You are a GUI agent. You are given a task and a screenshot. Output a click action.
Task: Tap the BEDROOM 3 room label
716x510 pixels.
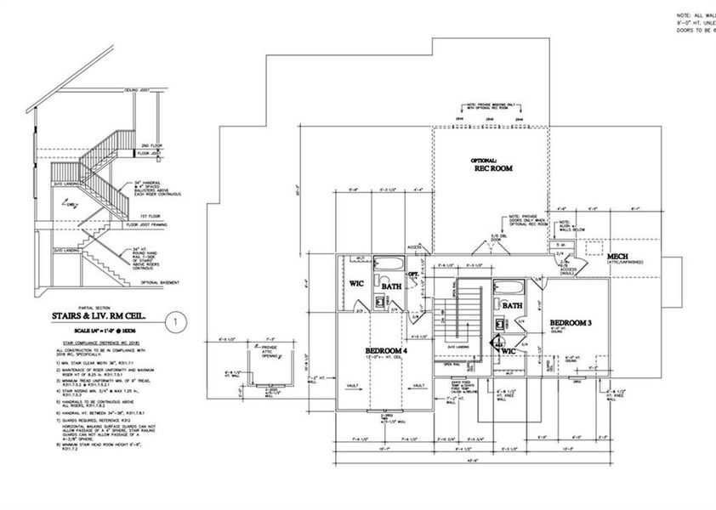click(x=572, y=323)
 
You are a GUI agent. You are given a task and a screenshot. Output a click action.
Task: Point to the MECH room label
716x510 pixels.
click(x=619, y=256)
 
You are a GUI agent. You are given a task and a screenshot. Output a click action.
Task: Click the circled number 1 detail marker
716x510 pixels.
click(x=174, y=322)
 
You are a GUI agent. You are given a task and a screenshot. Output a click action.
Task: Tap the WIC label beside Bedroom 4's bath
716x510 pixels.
click(x=356, y=283)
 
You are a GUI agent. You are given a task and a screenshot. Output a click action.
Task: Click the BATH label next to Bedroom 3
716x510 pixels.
click(x=513, y=305)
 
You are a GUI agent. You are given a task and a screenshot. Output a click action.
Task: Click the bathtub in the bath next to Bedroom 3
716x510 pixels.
click(x=512, y=286)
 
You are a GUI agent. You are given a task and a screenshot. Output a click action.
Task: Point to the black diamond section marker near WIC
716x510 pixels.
click(x=500, y=347)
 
